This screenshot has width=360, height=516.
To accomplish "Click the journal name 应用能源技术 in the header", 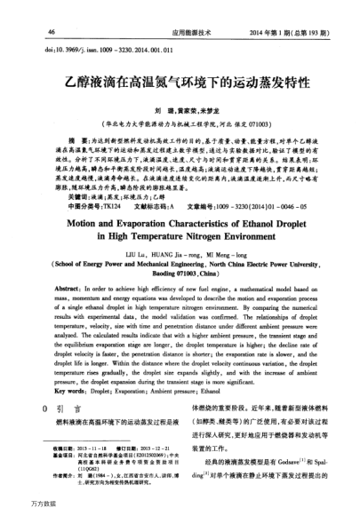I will (x=178, y=30).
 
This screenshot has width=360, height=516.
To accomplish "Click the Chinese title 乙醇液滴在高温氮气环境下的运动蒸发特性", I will (x=179, y=80).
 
